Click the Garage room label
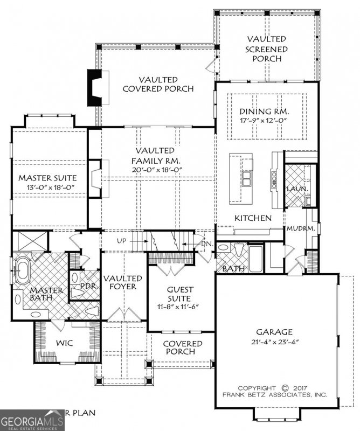(x=274, y=332)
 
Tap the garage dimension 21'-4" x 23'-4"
(x=274, y=342)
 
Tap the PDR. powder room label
(x=88, y=287)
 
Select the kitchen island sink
(x=248, y=178)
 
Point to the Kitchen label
(x=252, y=218)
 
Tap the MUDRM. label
(x=296, y=228)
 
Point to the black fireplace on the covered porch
(x=95, y=88)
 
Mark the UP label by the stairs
(x=121, y=241)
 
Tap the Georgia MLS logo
(x=32, y=420)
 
